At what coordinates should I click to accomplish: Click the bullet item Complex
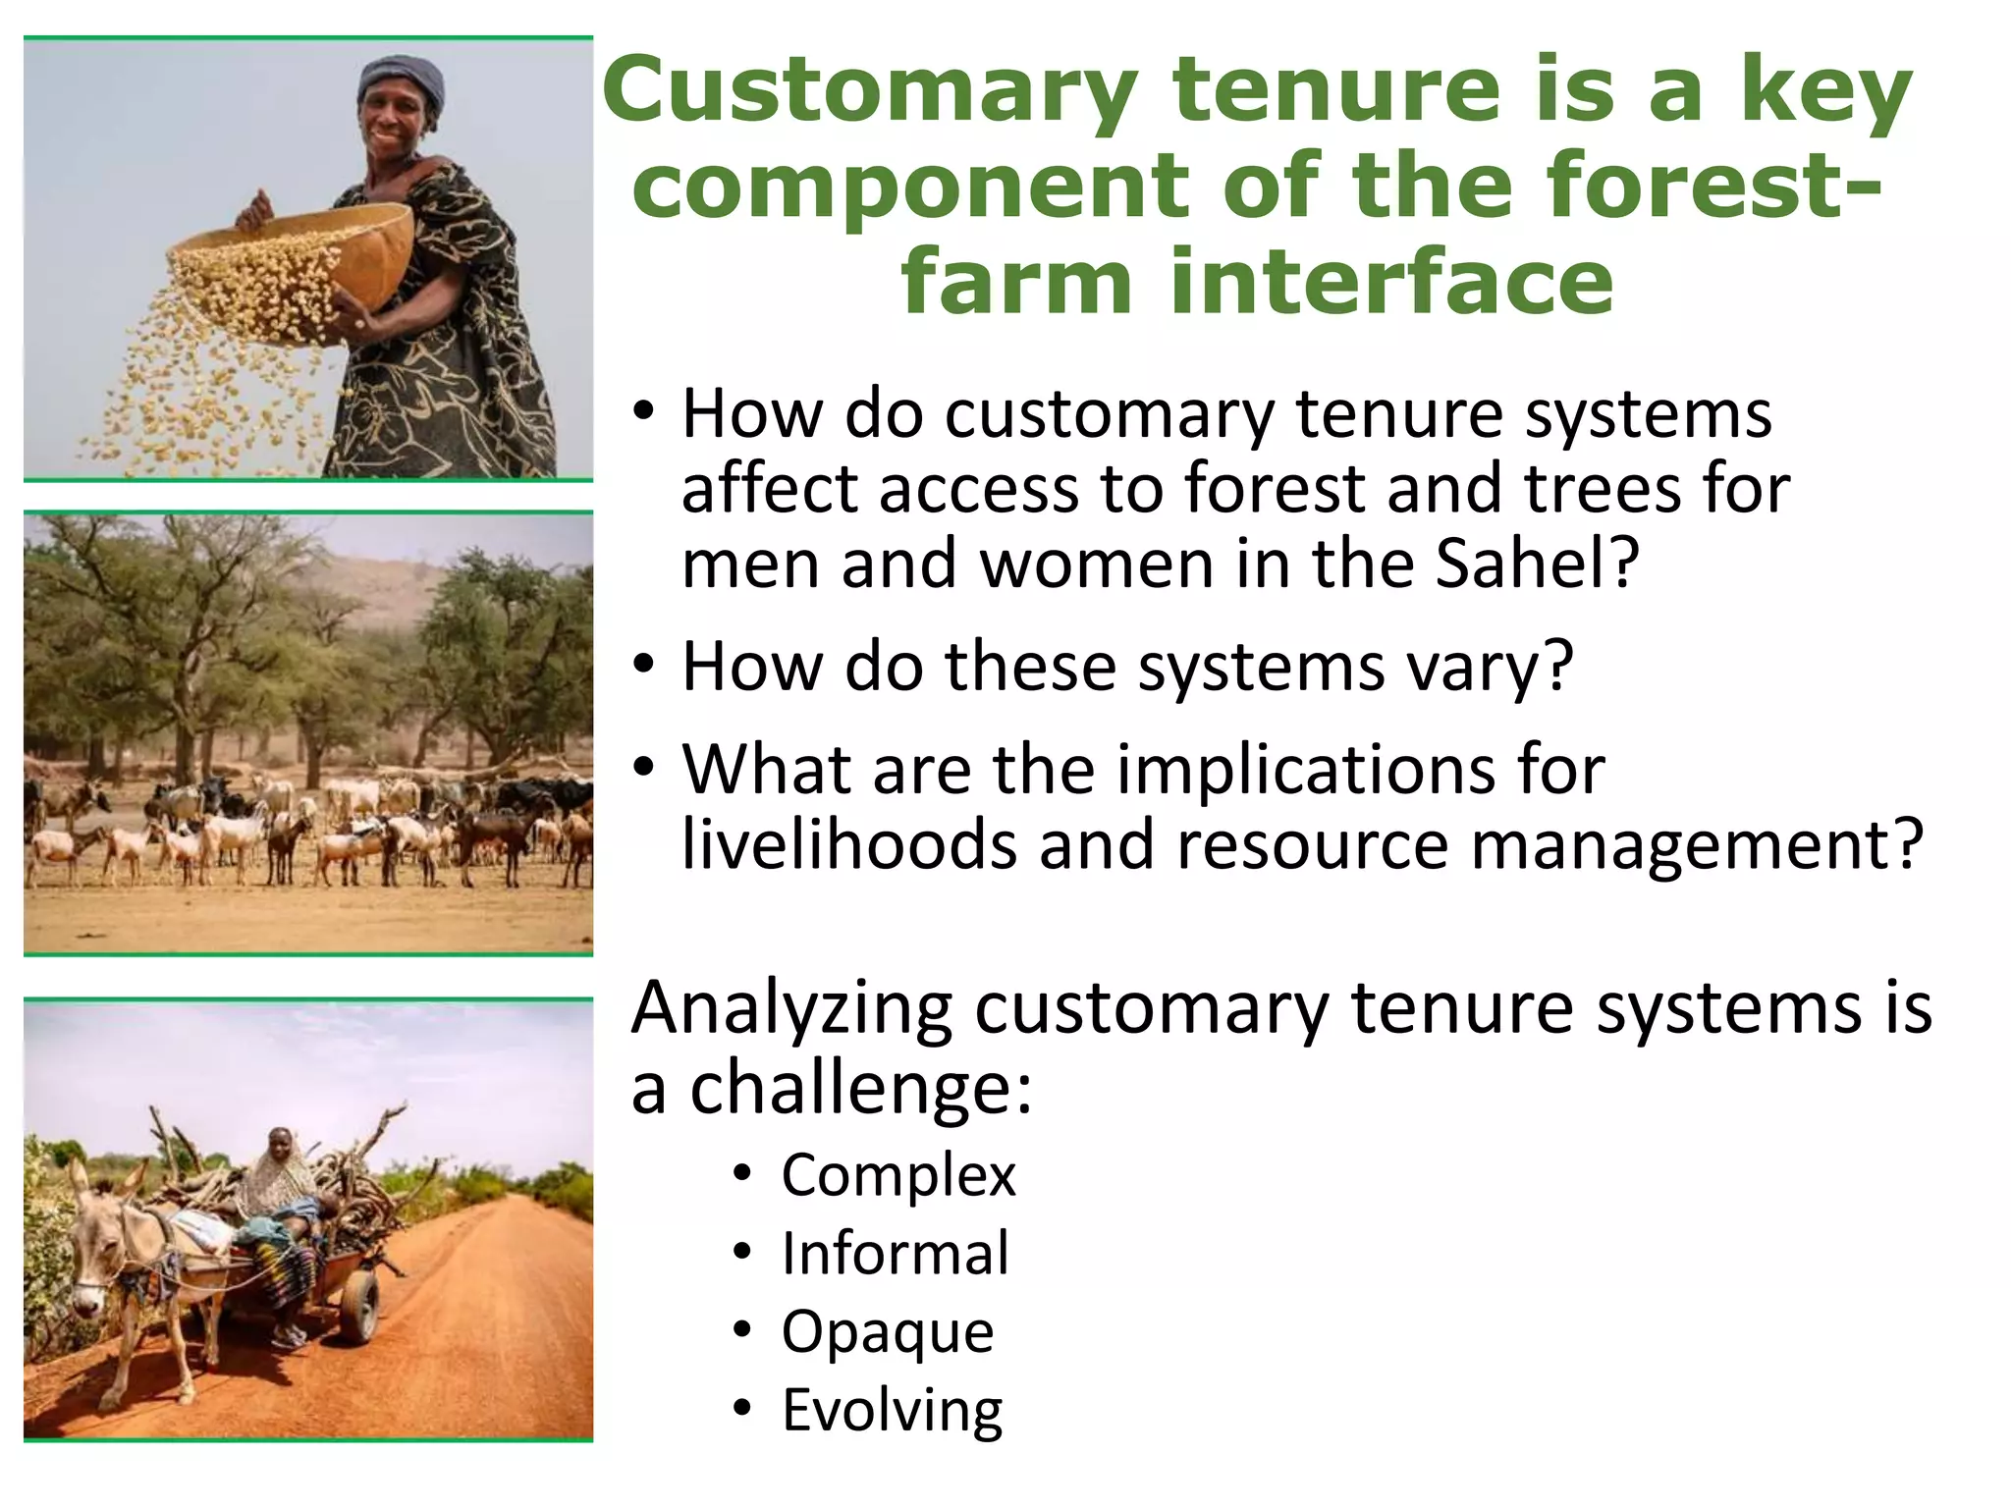897,1174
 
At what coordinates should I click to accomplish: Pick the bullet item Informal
895,1253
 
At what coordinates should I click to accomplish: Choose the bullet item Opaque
888,1331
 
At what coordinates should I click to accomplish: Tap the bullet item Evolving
892,1410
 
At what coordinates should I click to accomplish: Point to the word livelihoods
849,844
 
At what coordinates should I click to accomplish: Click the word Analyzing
791,1009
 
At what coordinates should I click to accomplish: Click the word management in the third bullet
1679,844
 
